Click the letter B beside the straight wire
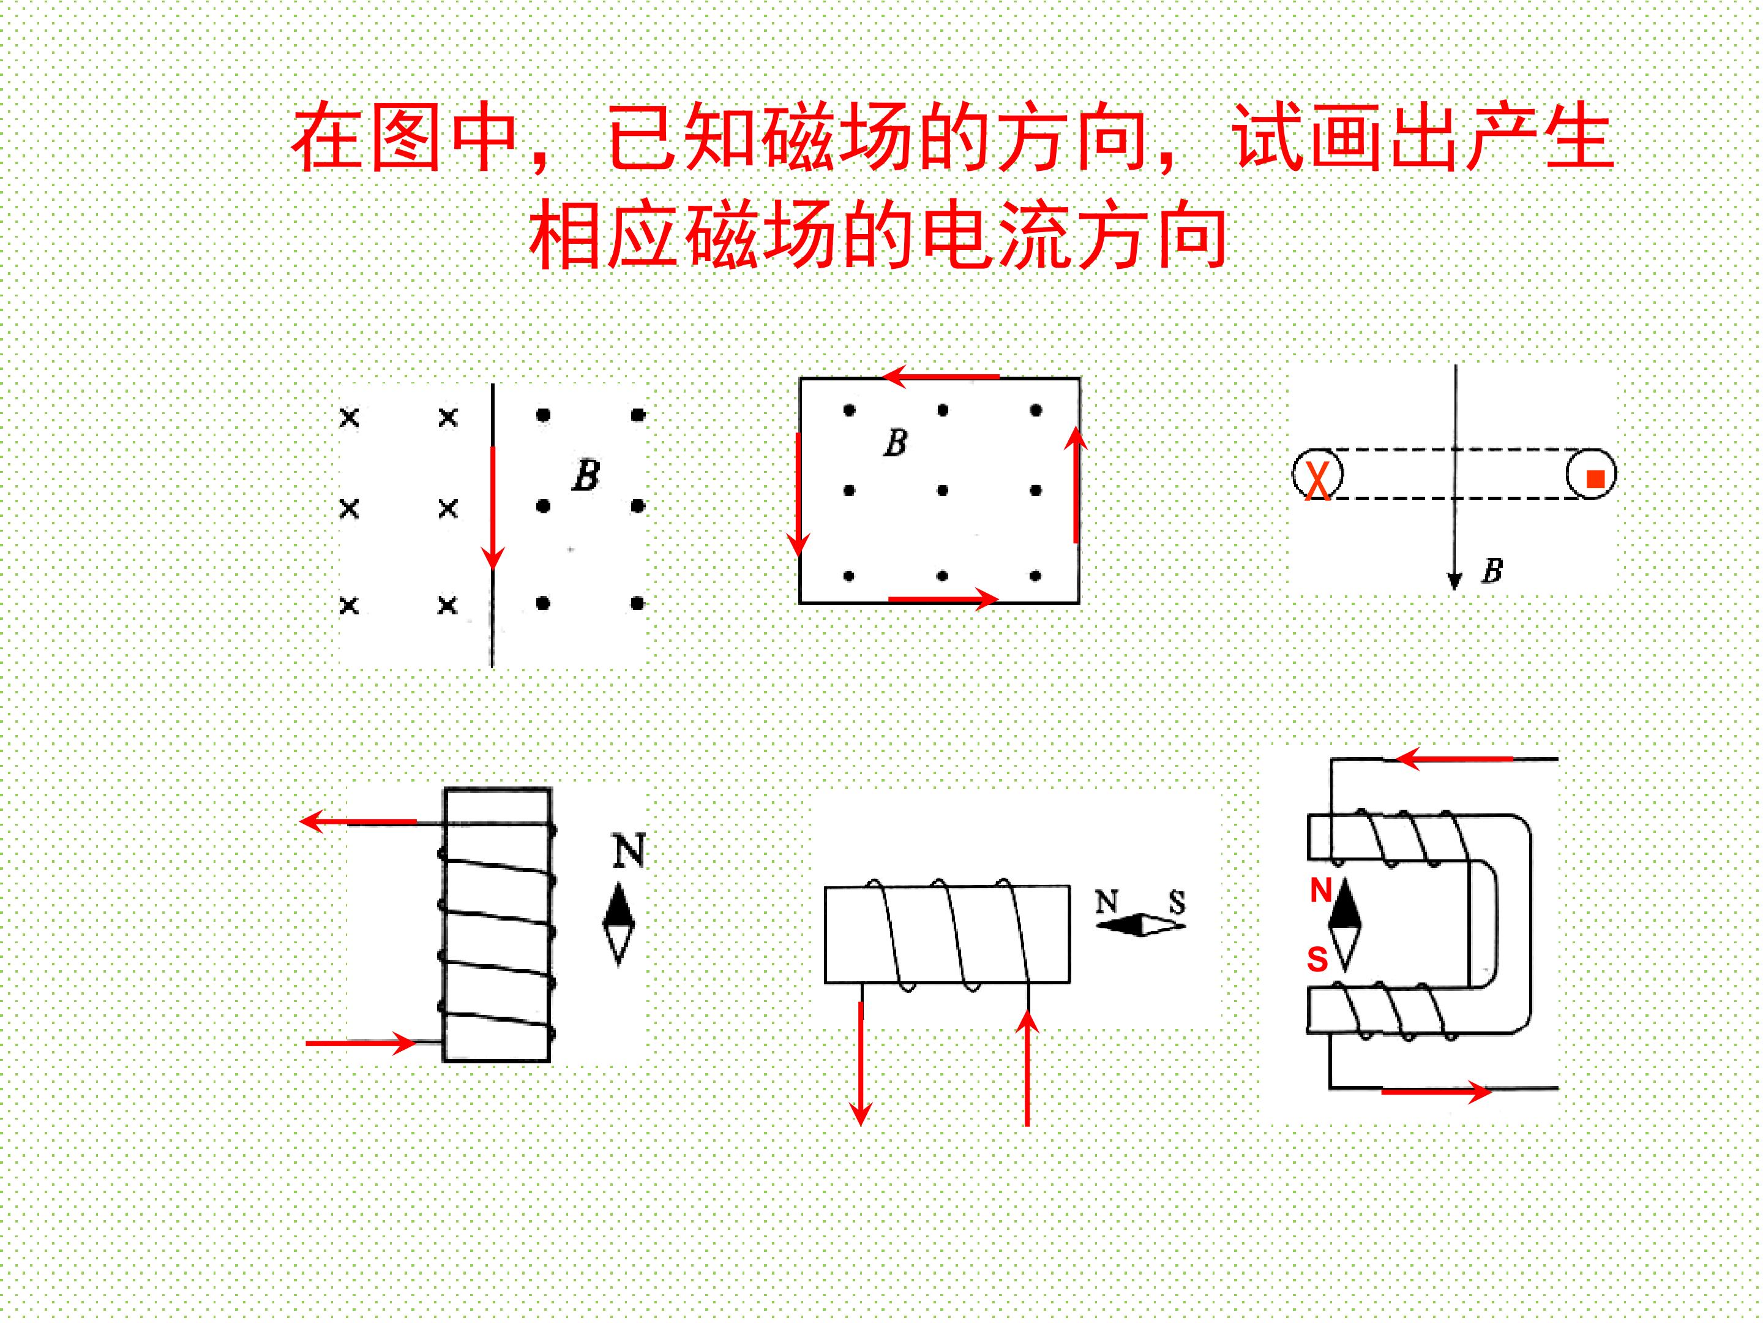coord(586,475)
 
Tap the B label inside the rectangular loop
coord(896,443)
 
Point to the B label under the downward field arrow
coord(1491,570)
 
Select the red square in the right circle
coord(1595,478)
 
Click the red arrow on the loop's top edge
coord(940,375)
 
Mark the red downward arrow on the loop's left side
coord(798,494)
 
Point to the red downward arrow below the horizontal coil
coord(861,1063)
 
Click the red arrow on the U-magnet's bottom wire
coord(1436,1091)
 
